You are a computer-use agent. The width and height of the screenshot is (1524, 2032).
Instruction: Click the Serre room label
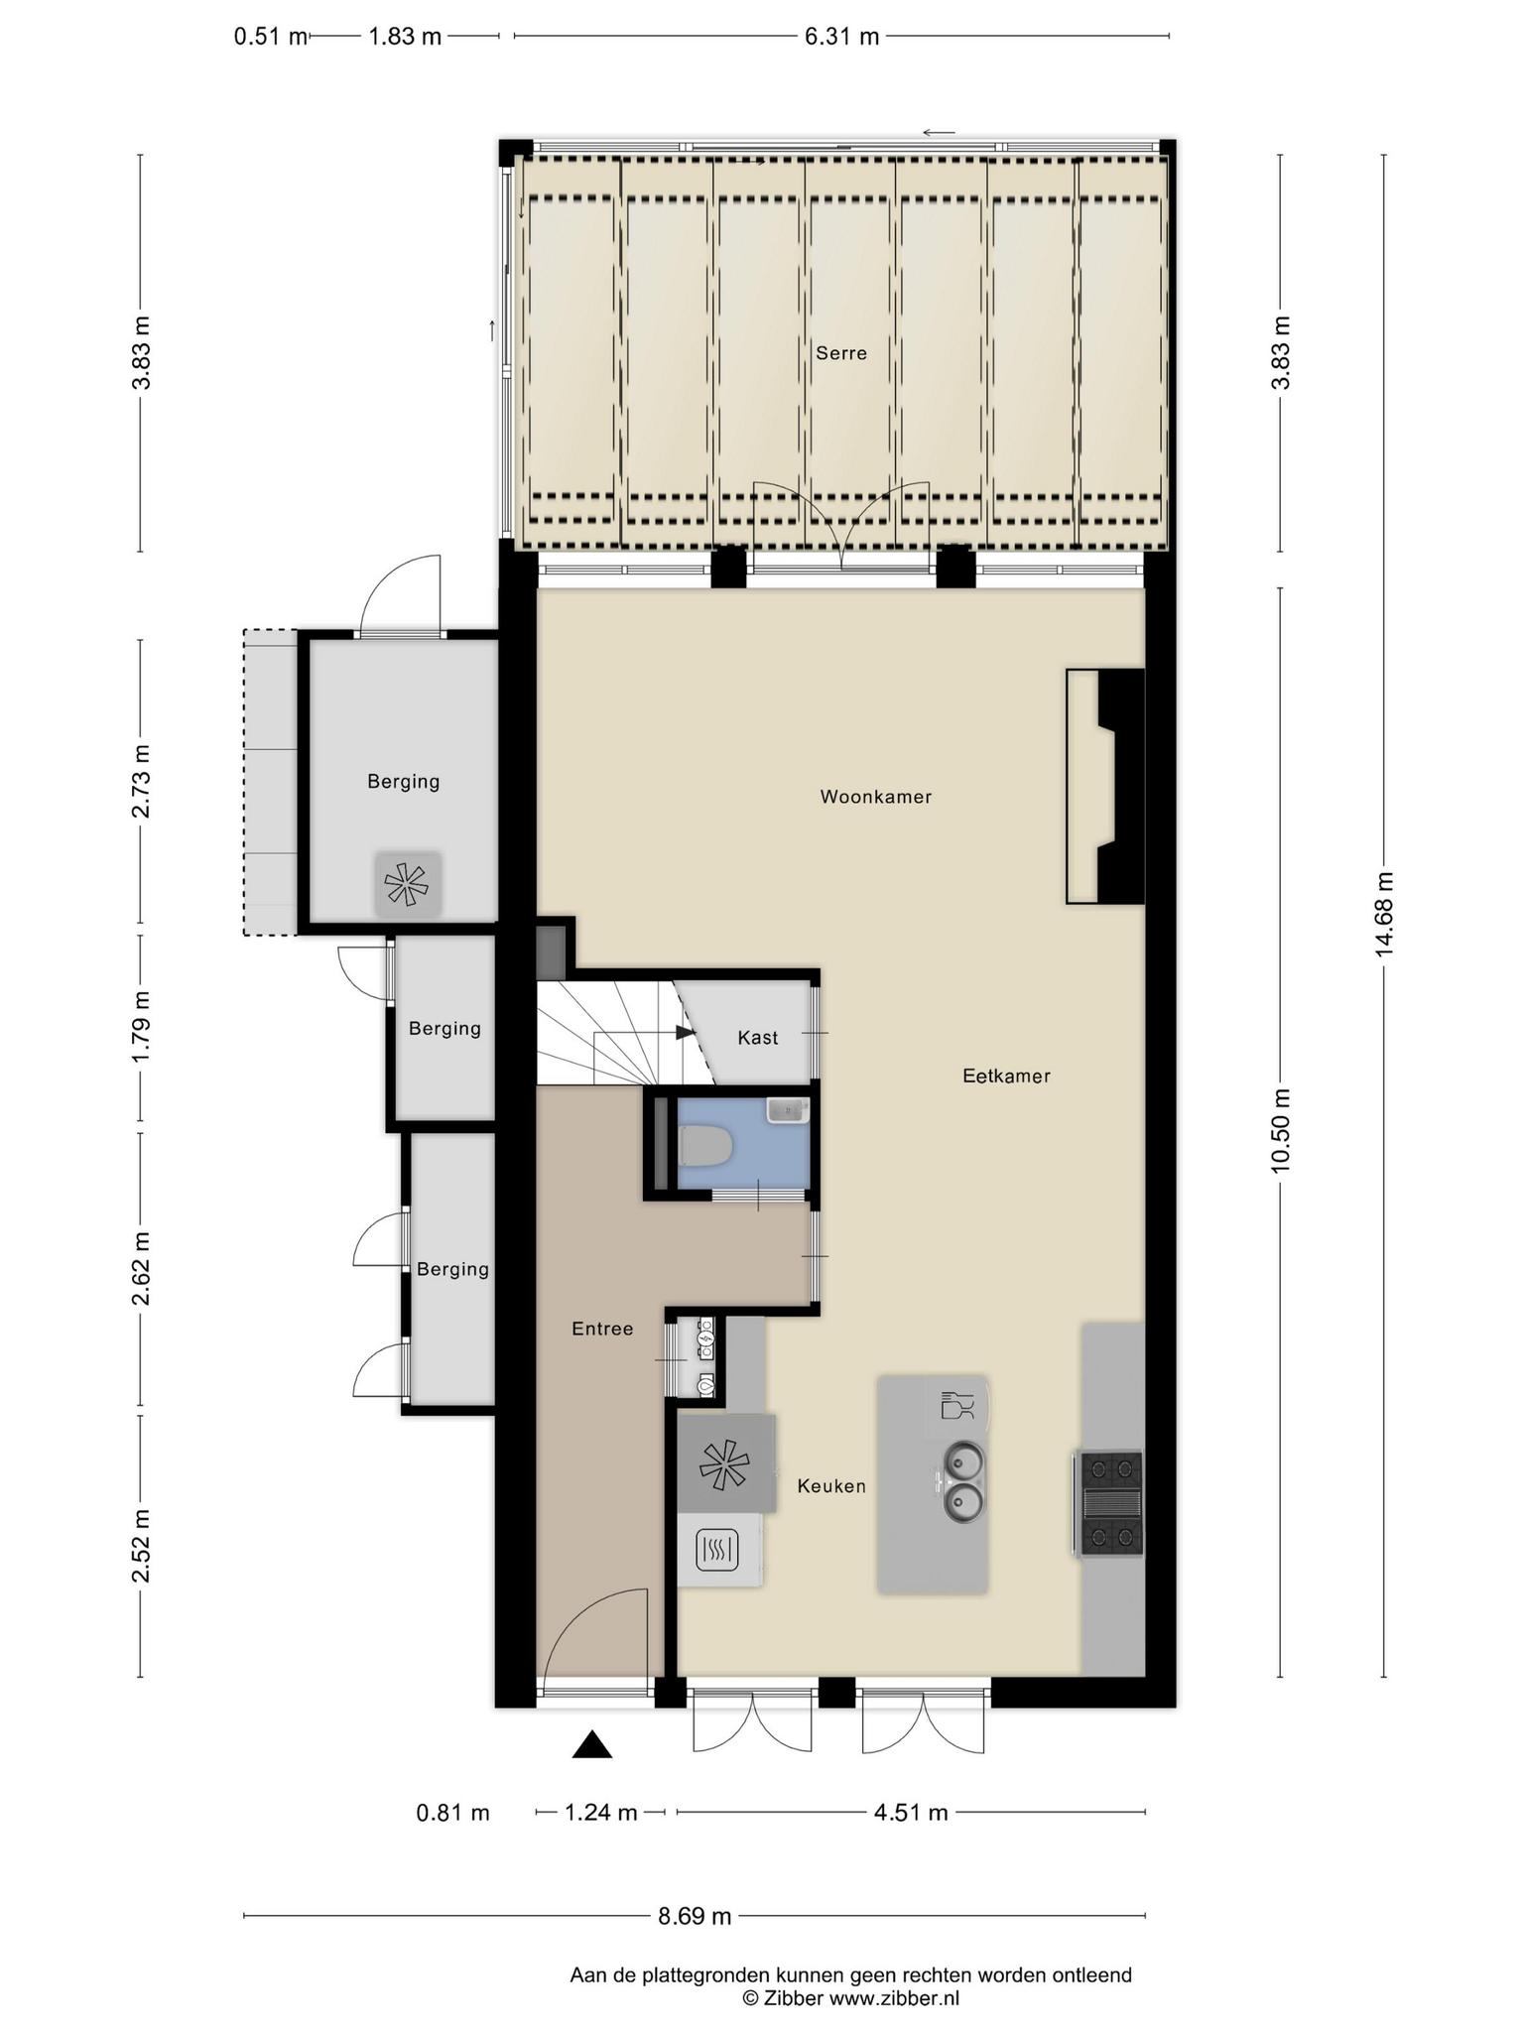[841, 353]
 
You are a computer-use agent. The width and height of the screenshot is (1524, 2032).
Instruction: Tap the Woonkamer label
[876, 797]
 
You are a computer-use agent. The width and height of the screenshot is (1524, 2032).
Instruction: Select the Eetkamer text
[1006, 1076]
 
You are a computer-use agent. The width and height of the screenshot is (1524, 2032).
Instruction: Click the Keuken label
[831, 1486]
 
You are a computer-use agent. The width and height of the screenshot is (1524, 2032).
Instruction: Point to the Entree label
[602, 1329]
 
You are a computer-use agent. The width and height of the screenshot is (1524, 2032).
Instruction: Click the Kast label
[758, 1038]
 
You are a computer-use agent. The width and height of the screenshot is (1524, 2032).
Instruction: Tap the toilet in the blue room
[705, 1147]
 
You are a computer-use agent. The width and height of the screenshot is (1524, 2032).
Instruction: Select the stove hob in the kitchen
[1109, 1503]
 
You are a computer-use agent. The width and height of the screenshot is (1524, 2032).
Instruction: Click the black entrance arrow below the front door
[592, 1744]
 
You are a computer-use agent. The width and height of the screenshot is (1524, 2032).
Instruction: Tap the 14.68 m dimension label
[1384, 914]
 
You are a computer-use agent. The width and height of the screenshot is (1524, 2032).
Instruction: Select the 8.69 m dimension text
[695, 1916]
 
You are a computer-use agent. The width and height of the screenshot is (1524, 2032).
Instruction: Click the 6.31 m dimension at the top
[841, 37]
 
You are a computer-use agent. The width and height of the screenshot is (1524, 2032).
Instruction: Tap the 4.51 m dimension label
[911, 1813]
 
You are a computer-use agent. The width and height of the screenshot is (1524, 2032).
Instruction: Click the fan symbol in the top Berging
[407, 883]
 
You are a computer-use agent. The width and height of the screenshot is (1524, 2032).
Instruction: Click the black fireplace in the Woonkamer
[1119, 786]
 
